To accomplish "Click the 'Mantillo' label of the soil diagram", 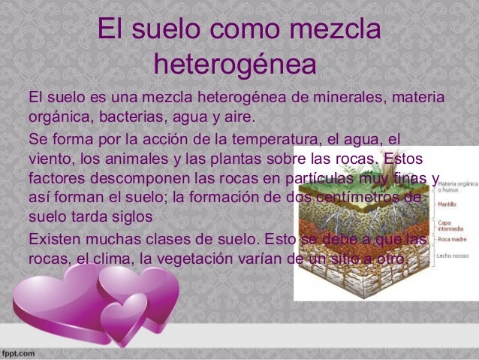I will pos(449,203).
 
